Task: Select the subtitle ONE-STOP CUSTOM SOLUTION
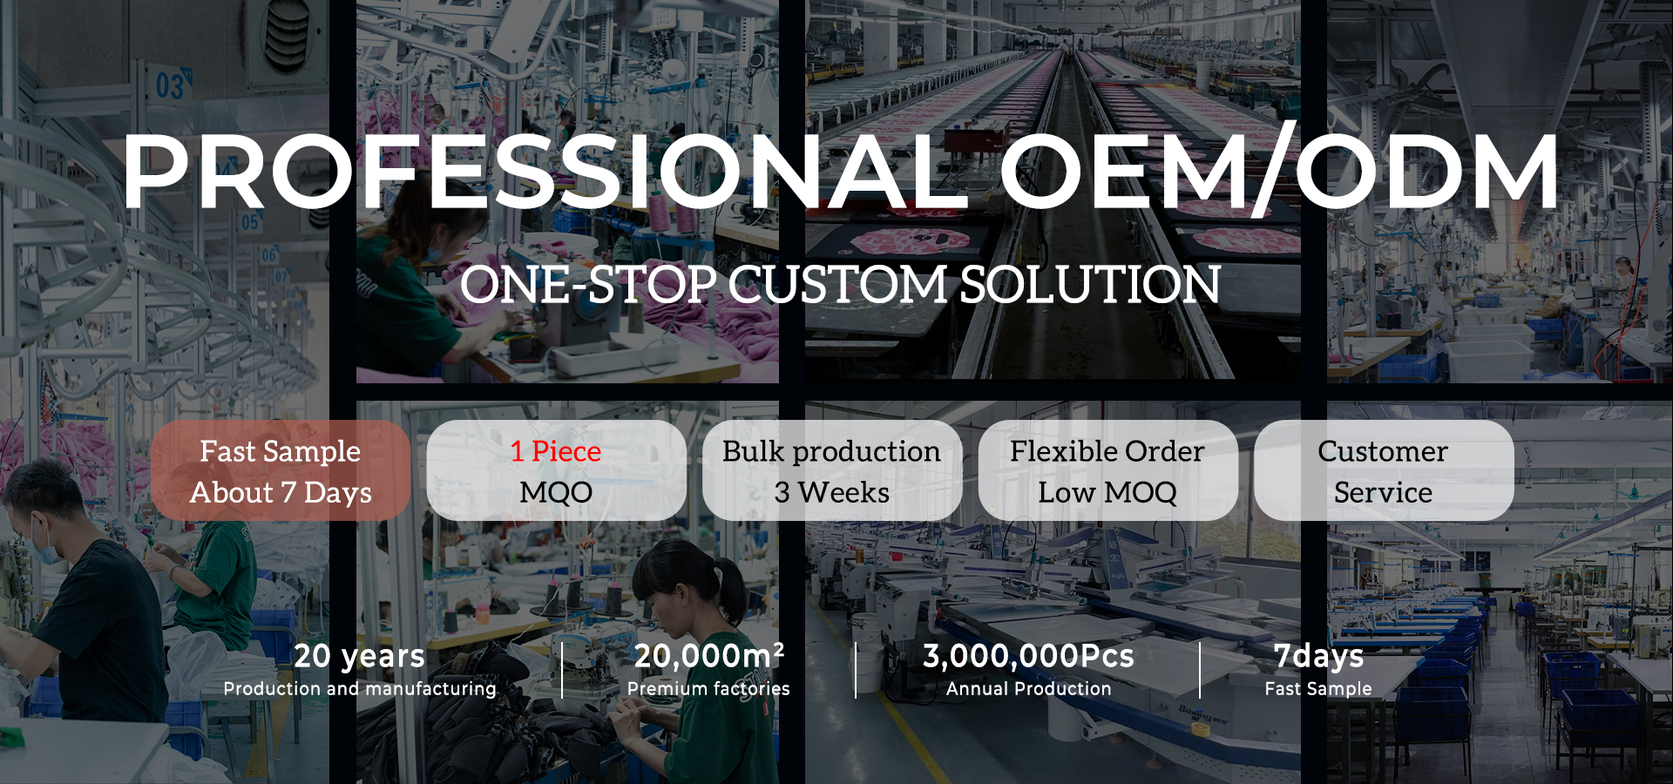tap(840, 285)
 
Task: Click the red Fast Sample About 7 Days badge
tap(281, 470)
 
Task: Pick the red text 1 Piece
tap(556, 451)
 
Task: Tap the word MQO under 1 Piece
tap(556, 492)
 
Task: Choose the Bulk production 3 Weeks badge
tap(832, 470)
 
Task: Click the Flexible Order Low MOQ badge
tap(1107, 470)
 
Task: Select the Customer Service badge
tap(1384, 470)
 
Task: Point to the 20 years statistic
tap(359, 656)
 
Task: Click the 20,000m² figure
tap(709, 655)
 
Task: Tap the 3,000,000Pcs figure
tap(1028, 656)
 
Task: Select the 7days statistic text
tap(1318, 656)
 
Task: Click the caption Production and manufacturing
tap(359, 688)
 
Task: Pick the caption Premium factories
tap(708, 688)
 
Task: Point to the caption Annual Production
tap(1028, 688)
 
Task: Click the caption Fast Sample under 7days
tap(1318, 688)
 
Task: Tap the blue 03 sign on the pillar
tap(170, 86)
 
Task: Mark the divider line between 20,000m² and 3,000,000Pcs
tap(856, 670)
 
